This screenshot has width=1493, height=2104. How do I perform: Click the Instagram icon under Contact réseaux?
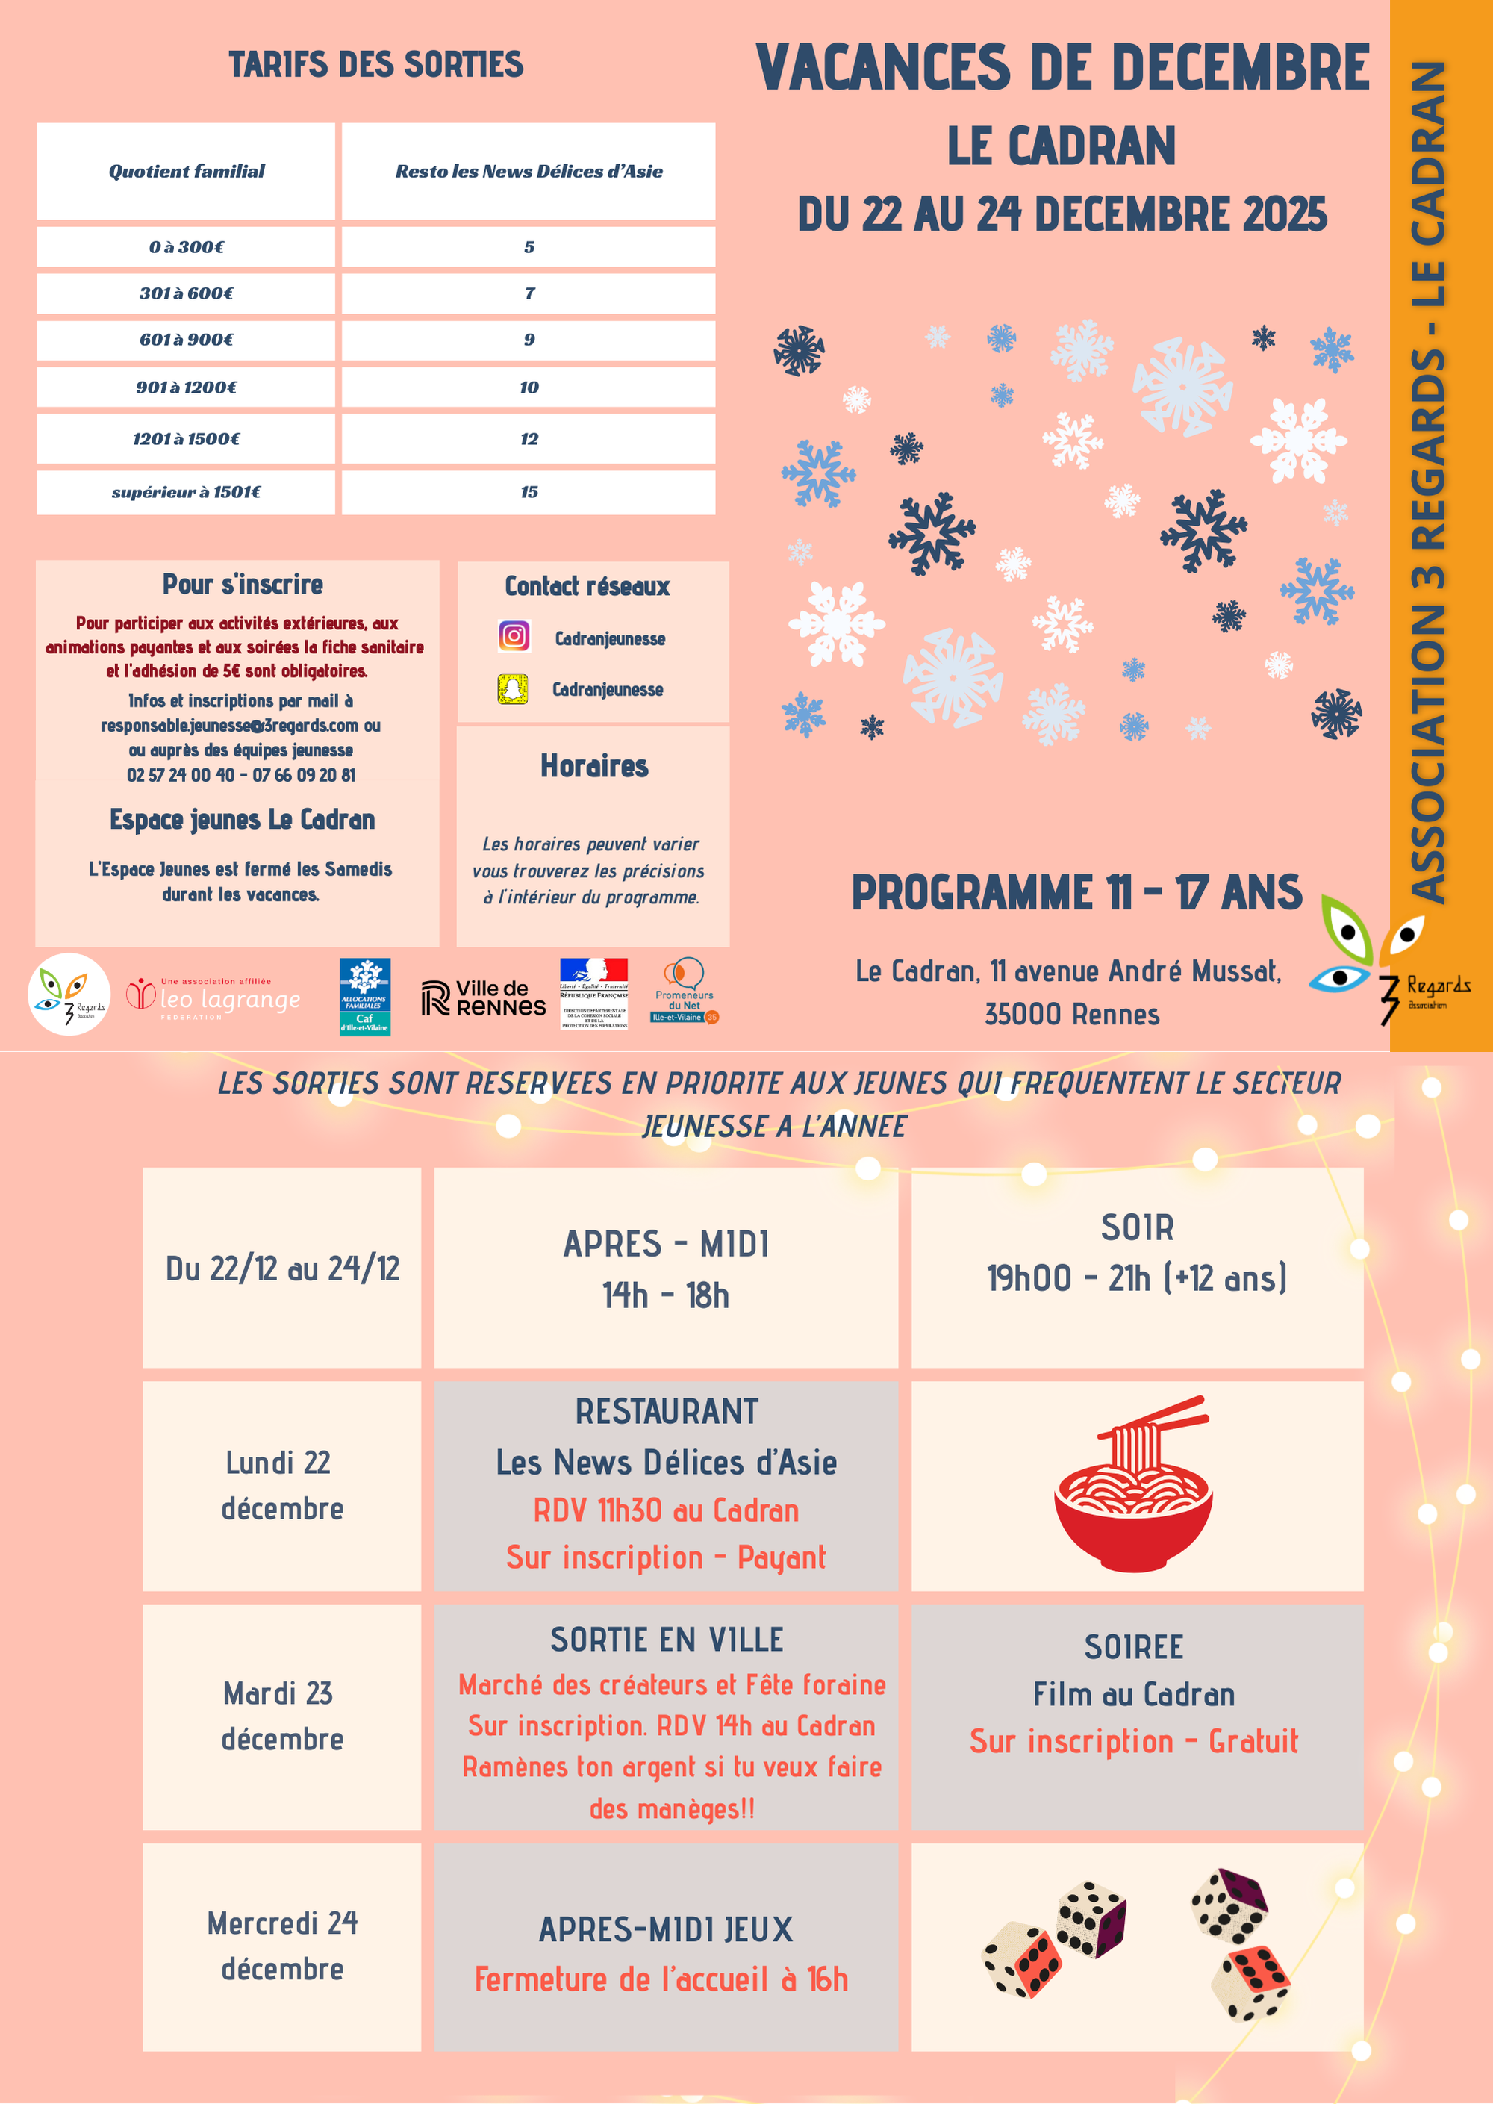pyautogui.click(x=514, y=636)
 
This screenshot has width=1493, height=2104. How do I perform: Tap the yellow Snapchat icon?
pyautogui.click(x=513, y=689)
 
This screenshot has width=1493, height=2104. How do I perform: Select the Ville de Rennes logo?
pyautogui.click(x=484, y=997)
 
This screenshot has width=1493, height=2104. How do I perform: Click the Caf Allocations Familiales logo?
pyautogui.click(x=365, y=997)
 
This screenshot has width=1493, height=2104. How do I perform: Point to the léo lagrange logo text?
pyautogui.click(x=230, y=1000)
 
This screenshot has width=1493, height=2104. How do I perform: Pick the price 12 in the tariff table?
pyautogui.click(x=529, y=438)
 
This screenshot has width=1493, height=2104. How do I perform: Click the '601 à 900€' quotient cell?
pyautogui.click(x=186, y=339)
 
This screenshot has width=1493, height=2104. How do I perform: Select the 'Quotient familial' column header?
pyautogui.click(x=186, y=171)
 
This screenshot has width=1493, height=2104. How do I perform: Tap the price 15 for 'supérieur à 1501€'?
pyautogui.click(x=529, y=492)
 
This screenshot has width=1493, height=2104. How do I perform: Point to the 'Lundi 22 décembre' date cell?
pyautogui.click(x=281, y=1485)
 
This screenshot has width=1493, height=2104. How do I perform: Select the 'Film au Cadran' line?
pyautogui.click(x=1133, y=1694)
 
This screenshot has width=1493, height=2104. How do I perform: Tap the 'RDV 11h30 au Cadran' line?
pyautogui.click(x=666, y=1510)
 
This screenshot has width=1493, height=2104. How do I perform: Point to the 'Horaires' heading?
pyautogui.click(x=594, y=766)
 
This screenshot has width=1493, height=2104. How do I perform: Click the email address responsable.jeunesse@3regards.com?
pyautogui.click(x=230, y=726)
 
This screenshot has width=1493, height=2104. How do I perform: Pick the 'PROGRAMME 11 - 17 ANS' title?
pyautogui.click(x=1076, y=892)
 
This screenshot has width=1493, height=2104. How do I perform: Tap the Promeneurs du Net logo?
pyautogui.click(x=685, y=992)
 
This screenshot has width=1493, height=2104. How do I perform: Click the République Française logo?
pyautogui.click(x=594, y=993)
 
